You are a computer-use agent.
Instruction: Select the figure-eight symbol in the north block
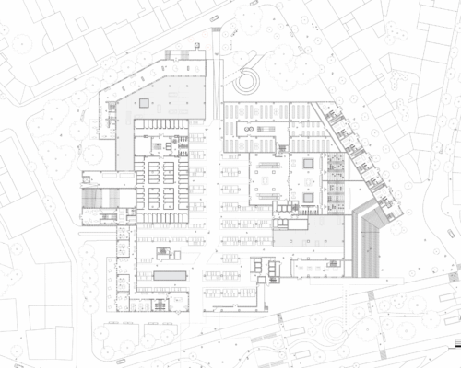(x=248, y=134)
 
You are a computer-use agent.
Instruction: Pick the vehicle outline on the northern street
(x=214, y=17)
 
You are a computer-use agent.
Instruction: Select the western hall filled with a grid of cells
(x=160, y=179)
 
